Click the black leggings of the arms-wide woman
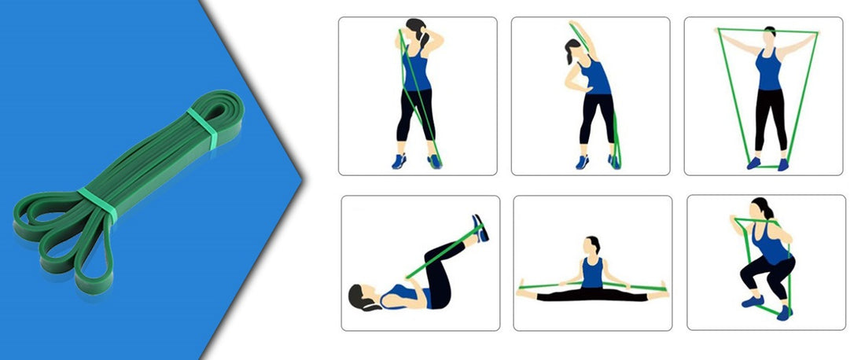click(x=770, y=118)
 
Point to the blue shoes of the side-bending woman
click(x=598, y=162)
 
